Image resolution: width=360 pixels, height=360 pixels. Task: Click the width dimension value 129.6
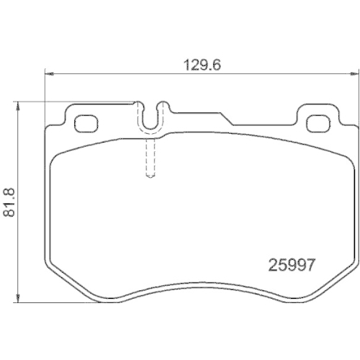[202, 63]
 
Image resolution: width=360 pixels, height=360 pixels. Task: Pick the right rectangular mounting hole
[316, 123]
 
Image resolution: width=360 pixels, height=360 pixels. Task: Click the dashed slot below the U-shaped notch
[150, 158]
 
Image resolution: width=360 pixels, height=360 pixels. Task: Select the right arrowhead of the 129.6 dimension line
[351, 73]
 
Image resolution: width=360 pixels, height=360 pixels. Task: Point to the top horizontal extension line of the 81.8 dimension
[72, 102]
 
